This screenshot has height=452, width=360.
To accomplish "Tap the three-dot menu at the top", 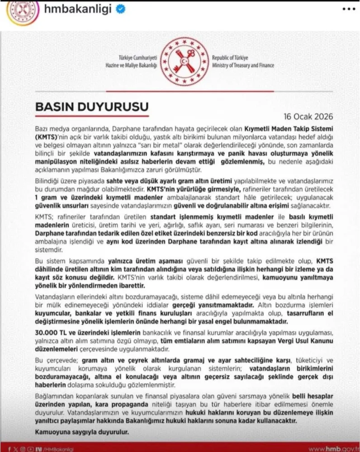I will pyautogui.click(x=348, y=10).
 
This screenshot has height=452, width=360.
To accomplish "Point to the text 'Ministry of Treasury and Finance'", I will pyautogui.click(x=242, y=65).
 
